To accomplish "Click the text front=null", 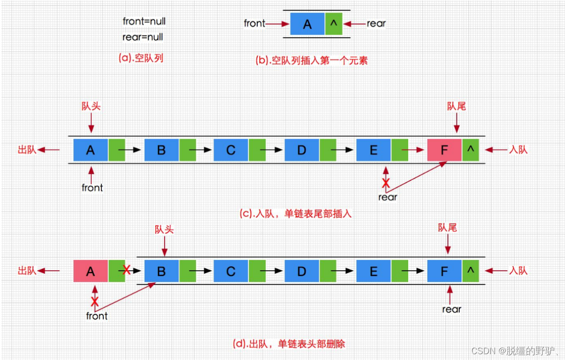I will [144, 21].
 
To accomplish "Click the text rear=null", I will [143, 37].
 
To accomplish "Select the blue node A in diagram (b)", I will [307, 24].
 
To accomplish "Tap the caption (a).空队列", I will [141, 58].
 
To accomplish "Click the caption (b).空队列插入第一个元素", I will [311, 61].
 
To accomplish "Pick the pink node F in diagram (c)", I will [444, 150].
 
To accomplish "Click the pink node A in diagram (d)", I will [90, 272].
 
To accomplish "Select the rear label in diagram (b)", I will [376, 23].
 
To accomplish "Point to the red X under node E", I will [386, 183].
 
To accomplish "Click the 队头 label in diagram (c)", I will [91, 106].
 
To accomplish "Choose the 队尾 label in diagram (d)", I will [447, 228].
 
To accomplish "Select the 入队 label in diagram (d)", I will [517, 271].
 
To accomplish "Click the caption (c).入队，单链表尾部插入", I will [295, 213].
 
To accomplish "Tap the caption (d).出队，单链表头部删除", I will [289, 344].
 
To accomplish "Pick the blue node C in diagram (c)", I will [231, 150].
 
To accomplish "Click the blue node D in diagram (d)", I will [301, 272].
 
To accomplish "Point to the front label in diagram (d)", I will [97, 316].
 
